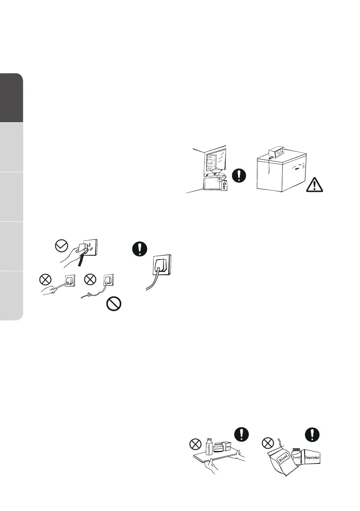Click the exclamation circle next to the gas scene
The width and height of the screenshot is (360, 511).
click(239, 175)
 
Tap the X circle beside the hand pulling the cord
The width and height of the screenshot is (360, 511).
click(44, 280)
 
